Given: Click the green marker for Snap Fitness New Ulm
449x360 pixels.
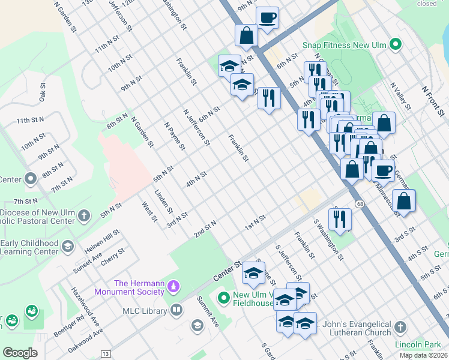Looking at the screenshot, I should [395, 44].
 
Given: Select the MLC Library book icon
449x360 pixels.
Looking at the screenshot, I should [176, 310].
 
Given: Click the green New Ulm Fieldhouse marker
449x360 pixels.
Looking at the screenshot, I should [224, 297].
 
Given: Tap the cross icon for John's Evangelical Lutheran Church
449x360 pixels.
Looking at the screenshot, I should [401, 327].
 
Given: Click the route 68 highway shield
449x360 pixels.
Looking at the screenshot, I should [359, 205].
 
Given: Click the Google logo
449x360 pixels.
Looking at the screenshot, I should [20, 353].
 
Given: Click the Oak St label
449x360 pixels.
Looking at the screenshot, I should [43, 95].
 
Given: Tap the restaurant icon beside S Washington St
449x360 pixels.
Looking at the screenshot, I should [340, 219].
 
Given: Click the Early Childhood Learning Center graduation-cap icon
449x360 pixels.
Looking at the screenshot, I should [68, 245].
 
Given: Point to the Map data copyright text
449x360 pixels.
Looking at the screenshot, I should [424, 355].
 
